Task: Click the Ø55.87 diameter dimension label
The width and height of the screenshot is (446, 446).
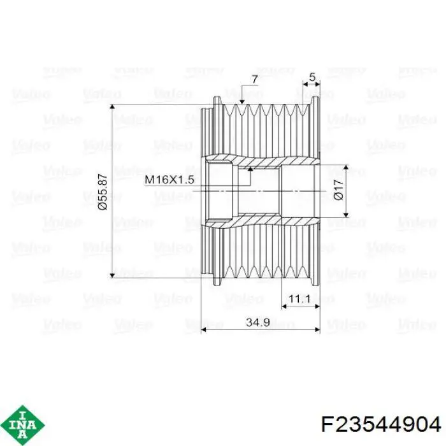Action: [103, 192]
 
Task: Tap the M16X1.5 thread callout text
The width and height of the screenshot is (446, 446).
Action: [169, 180]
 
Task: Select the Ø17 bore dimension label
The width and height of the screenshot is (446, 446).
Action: [338, 189]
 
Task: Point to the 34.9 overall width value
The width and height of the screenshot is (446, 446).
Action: [258, 322]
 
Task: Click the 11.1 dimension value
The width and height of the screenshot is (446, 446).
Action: [300, 299]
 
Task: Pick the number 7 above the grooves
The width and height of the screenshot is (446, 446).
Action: [255, 80]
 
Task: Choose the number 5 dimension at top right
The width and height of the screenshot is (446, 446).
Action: [312, 77]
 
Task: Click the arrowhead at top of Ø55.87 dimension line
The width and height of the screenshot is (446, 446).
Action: [112, 106]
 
